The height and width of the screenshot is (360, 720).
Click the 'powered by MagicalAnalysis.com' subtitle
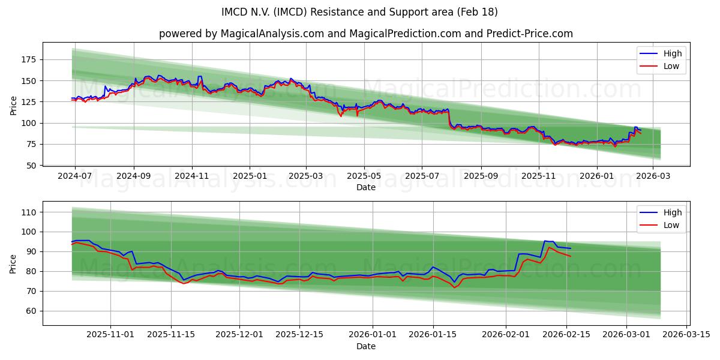point(365,34)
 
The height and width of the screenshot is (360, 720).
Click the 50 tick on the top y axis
point(31,165)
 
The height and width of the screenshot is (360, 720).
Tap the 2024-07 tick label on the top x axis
point(75,176)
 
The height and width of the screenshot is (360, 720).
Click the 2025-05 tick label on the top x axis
point(364,176)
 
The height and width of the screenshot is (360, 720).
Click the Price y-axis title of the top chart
point(14,106)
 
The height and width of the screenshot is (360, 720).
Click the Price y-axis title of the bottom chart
point(14,263)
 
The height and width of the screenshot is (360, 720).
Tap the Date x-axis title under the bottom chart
point(365,346)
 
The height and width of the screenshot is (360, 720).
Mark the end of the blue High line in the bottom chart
point(571,248)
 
